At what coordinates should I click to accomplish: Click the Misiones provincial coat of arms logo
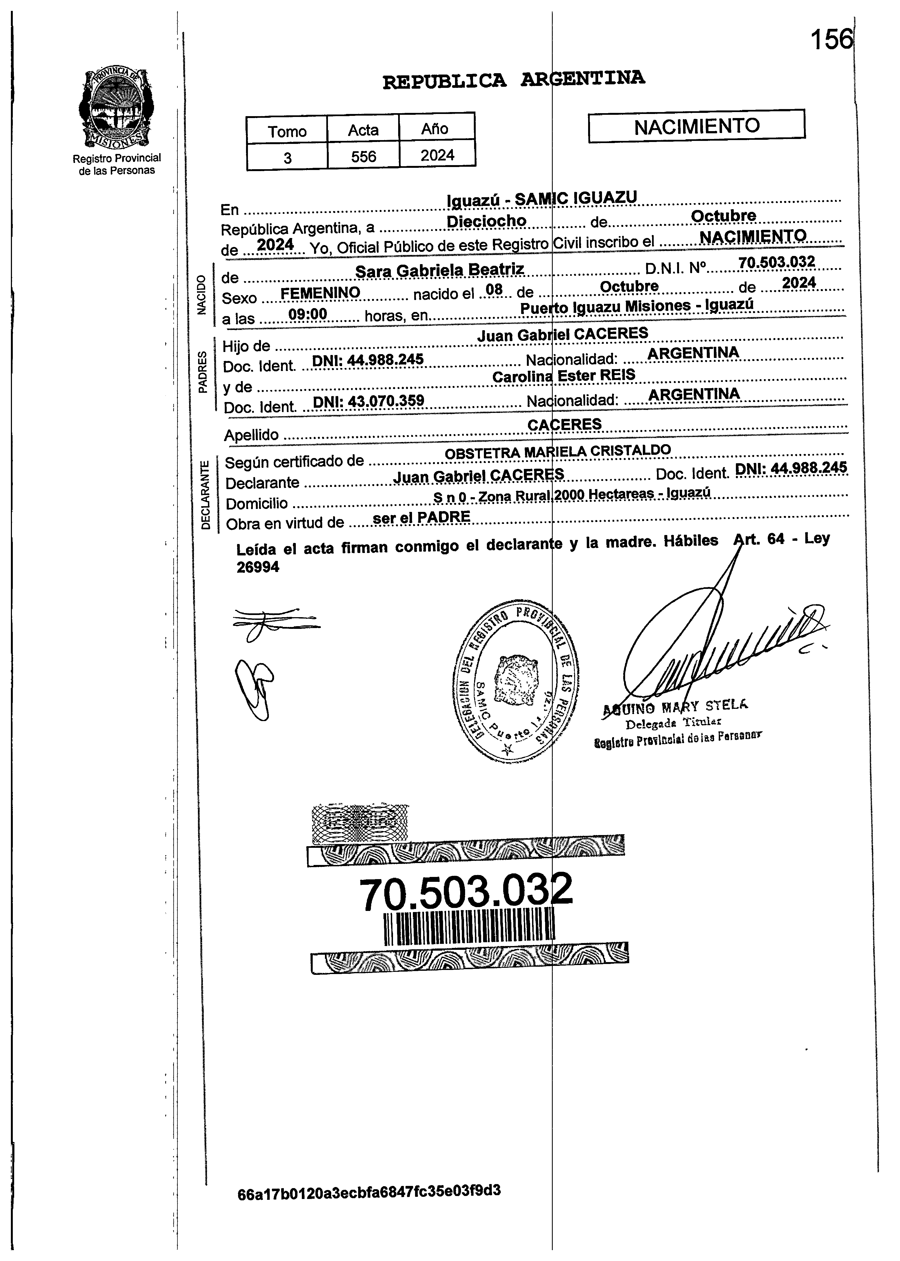coord(116,108)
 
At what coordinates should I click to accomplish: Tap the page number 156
coord(831,40)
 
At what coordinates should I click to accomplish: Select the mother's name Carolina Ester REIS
coord(564,376)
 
